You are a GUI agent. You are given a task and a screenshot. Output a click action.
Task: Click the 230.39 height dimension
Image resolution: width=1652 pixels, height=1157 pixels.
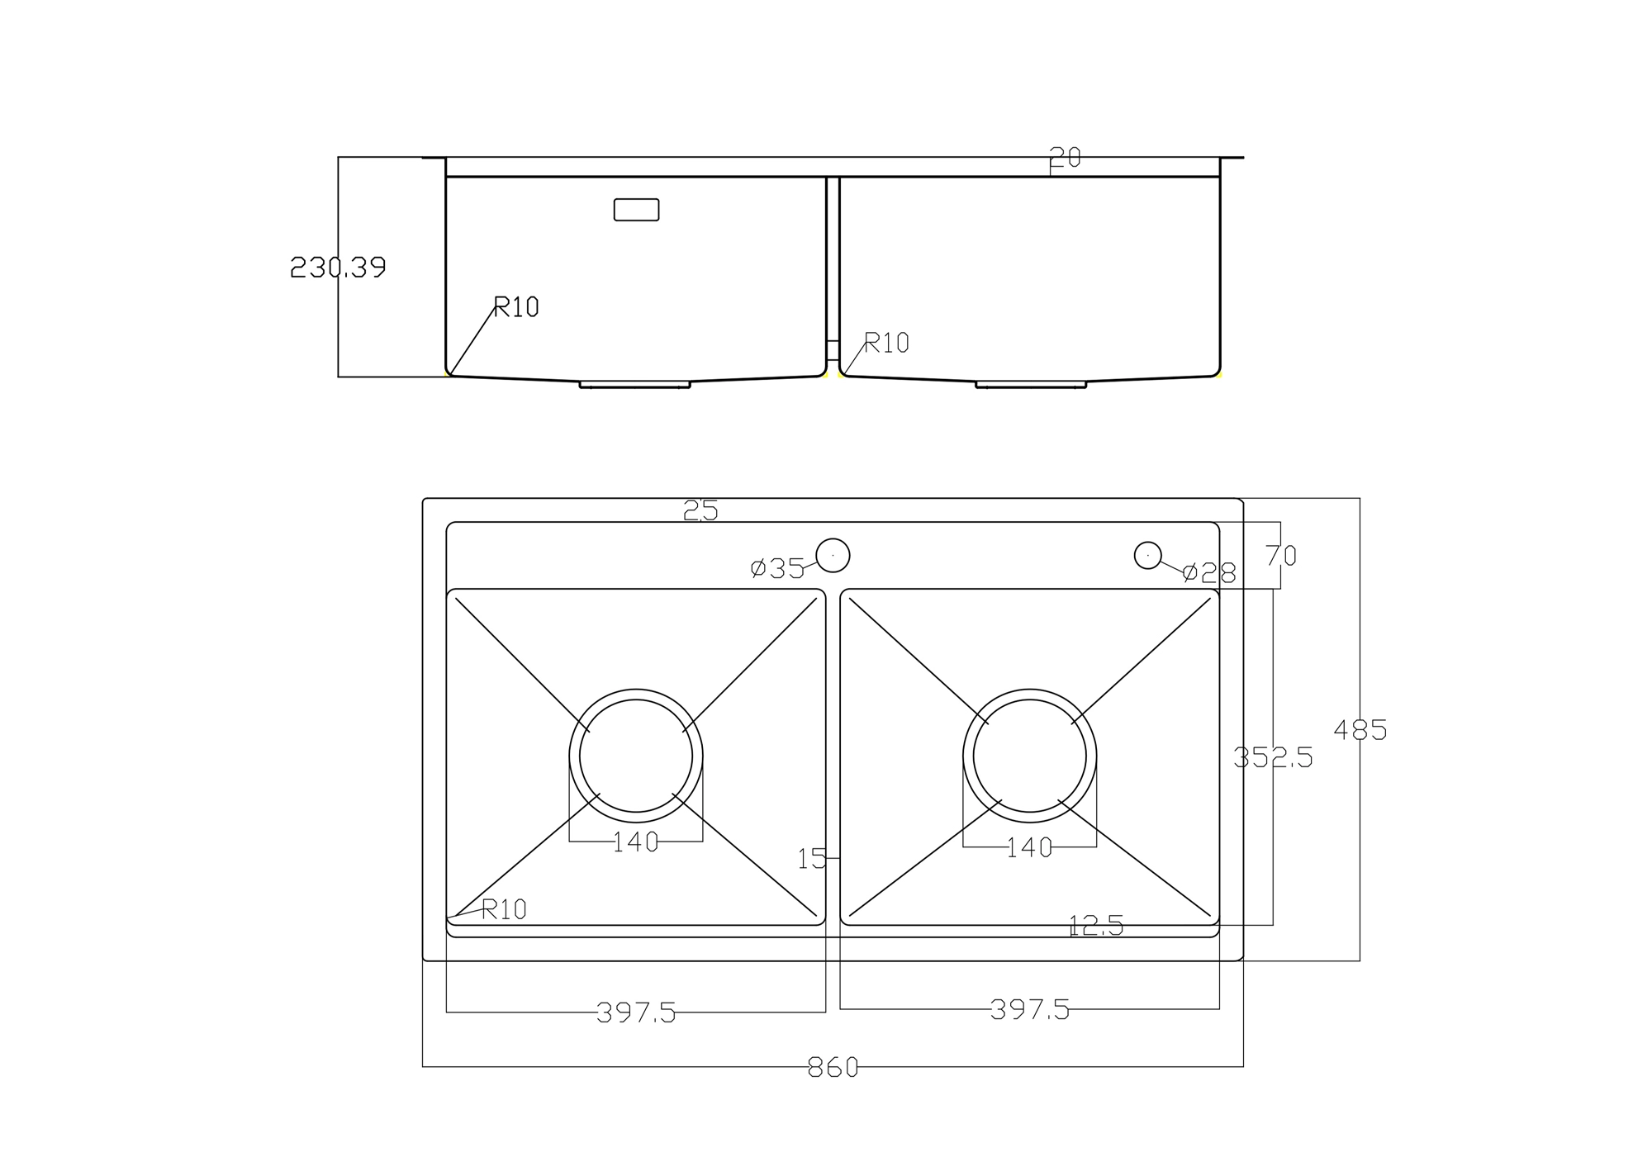(x=338, y=268)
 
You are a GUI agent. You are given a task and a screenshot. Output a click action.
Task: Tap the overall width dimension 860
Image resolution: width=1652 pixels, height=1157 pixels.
(x=833, y=1068)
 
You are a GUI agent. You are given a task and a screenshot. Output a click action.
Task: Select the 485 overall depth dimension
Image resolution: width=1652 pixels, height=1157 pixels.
(x=1360, y=730)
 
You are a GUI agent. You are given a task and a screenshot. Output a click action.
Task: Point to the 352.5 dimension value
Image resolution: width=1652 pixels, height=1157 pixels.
(x=1272, y=757)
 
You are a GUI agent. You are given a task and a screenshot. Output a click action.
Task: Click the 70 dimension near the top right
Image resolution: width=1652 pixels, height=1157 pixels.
(x=1280, y=556)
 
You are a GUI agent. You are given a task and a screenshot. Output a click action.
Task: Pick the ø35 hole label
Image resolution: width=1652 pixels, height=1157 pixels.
(x=777, y=568)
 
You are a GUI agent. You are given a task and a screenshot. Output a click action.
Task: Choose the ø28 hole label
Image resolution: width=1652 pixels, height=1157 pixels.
(x=1209, y=572)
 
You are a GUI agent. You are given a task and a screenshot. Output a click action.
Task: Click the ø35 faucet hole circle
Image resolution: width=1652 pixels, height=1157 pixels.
(x=833, y=556)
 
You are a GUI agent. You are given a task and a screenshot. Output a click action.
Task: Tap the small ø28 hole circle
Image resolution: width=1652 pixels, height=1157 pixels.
(x=1147, y=556)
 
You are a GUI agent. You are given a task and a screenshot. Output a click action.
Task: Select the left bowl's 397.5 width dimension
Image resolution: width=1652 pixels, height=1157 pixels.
(x=636, y=1012)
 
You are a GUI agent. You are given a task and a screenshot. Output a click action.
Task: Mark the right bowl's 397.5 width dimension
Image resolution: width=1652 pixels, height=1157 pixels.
(x=1029, y=1009)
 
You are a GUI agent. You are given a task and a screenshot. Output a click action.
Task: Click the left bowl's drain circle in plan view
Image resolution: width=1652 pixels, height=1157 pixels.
(x=636, y=756)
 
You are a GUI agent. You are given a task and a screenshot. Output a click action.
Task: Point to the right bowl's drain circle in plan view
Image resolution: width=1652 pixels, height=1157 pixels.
(x=1029, y=756)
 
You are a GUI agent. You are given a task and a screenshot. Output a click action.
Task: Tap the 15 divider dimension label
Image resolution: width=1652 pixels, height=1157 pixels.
(x=811, y=859)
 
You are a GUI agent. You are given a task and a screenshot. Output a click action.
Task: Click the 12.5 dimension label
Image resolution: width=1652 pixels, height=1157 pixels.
(x=1095, y=926)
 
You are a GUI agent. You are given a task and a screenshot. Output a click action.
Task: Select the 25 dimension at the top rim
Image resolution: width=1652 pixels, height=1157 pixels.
(x=700, y=511)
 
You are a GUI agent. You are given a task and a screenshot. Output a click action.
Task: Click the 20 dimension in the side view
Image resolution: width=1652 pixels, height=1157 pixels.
(x=1065, y=157)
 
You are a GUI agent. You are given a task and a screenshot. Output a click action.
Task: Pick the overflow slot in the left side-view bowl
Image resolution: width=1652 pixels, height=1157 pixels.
(x=636, y=210)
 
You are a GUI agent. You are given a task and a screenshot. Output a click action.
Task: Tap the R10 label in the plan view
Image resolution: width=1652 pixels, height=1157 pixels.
(x=503, y=910)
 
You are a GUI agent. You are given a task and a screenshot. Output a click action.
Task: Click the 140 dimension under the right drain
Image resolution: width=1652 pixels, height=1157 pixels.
(x=1029, y=847)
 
